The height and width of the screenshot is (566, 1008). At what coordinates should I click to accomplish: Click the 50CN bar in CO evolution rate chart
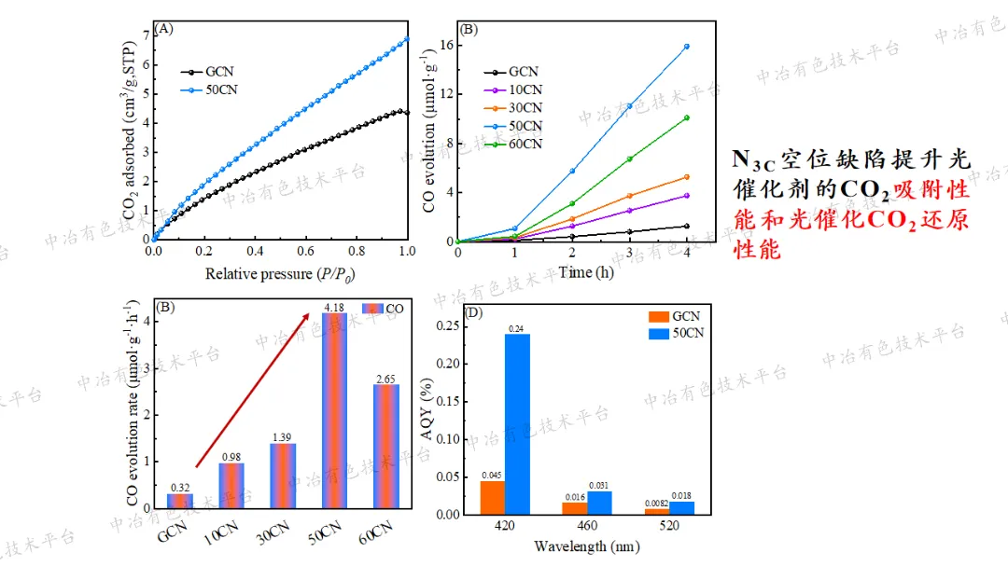tap(334, 410)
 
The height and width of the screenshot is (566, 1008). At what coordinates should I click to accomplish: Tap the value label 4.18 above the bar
tap(334, 307)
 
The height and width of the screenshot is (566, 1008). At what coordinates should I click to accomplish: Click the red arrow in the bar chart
tap(253, 390)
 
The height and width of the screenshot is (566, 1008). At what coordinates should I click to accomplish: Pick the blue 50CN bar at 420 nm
tap(517, 423)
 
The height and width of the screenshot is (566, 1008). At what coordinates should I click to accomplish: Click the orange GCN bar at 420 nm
tap(492, 497)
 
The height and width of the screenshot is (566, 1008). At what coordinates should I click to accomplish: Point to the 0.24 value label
tap(517, 327)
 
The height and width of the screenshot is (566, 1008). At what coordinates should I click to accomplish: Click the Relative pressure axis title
tap(280, 274)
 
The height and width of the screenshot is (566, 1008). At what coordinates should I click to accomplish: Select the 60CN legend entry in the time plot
tap(525, 144)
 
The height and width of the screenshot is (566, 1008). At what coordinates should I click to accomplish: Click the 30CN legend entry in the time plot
tap(525, 108)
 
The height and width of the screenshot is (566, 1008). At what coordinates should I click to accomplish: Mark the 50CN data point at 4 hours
tap(687, 46)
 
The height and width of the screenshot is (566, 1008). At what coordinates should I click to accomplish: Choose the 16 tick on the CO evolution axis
tap(445, 46)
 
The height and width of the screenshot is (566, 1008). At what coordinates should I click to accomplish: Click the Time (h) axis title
tap(572, 273)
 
